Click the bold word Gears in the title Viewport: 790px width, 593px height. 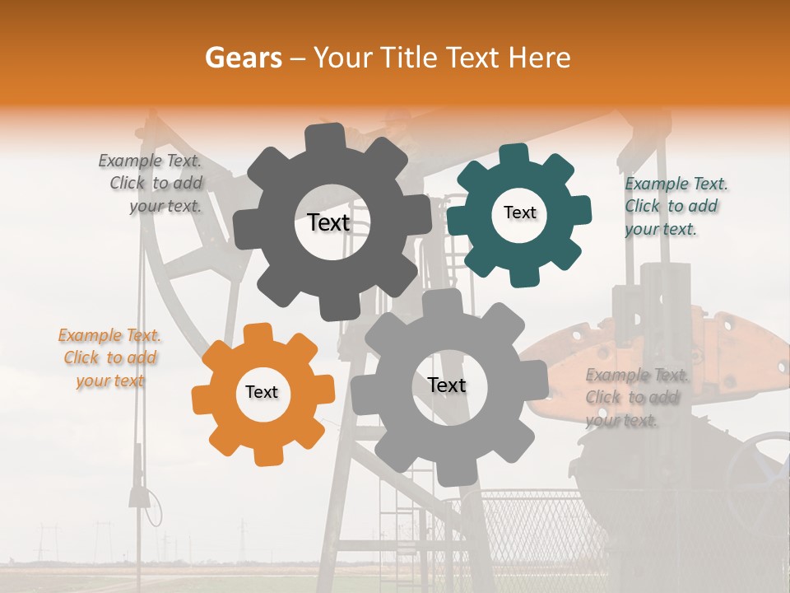coord(243,58)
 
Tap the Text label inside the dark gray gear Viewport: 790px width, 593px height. coord(328,222)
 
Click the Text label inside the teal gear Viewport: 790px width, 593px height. coord(519,212)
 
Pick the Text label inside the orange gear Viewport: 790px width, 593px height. coord(261,392)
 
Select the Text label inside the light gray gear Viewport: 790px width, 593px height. coord(446,385)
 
